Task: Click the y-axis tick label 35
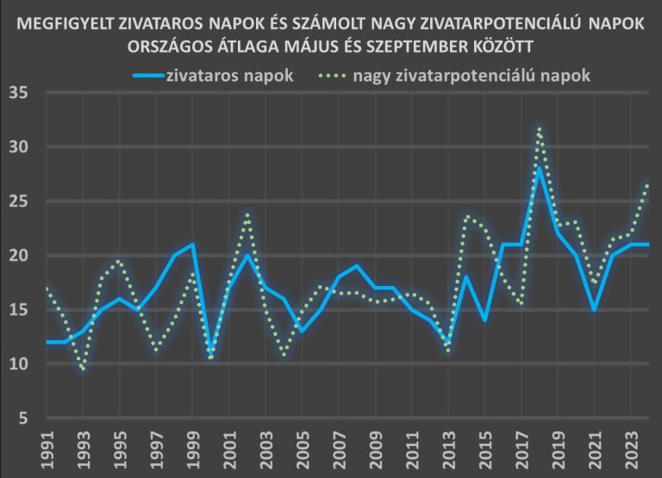(x=19, y=93)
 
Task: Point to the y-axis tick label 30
(x=19, y=147)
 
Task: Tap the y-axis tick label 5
(x=23, y=419)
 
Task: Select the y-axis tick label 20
(x=19, y=256)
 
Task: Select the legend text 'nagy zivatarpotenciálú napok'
(x=472, y=75)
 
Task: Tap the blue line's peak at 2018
(x=539, y=169)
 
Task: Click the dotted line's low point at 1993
(x=84, y=369)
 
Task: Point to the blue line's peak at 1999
(x=192, y=245)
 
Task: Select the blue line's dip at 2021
(x=594, y=309)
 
